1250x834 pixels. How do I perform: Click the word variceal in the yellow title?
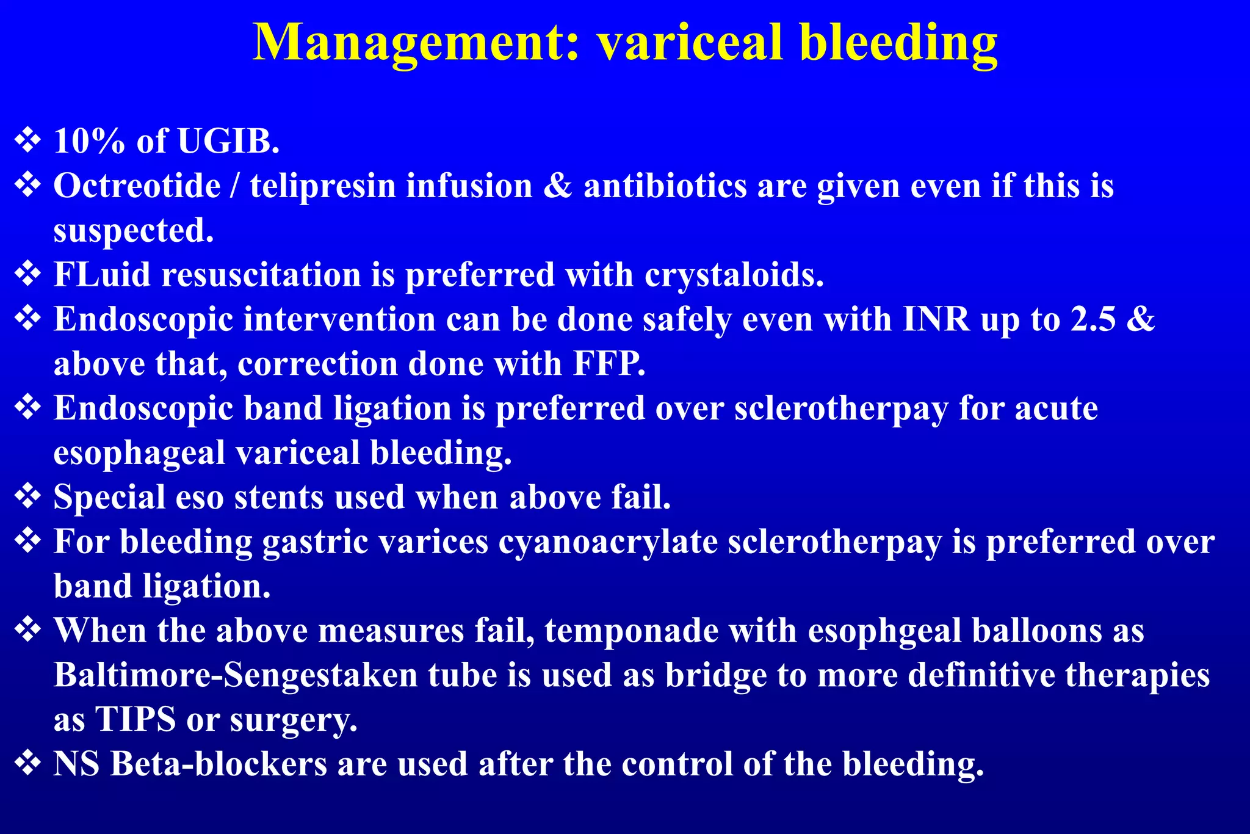(x=690, y=43)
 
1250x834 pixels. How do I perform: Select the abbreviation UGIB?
(x=228, y=141)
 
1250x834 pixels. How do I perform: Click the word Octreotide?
(x=137, y=186)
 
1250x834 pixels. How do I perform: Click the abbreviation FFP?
(x=609, y=364)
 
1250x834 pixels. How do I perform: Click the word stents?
(x=279, y=497)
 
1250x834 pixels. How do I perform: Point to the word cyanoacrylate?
(x=608, y=542)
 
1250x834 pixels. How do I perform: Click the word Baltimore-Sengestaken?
(x=236, y=675)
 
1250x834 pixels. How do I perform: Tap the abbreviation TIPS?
(x=135, y=719)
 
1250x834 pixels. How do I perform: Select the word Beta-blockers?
(x=219, y=764)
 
